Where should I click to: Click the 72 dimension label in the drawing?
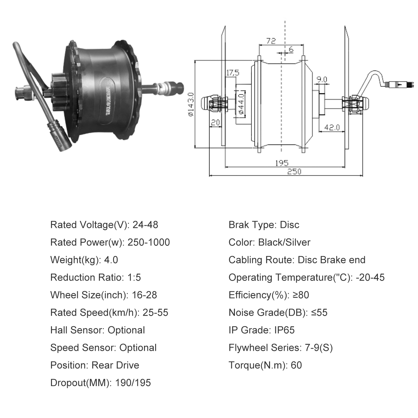click(271, 41)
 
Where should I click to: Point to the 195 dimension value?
click(282, 163)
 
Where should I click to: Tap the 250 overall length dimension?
click(294, 171)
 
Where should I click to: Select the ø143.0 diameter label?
click(191, 104)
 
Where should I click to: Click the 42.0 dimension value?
click(332, 127)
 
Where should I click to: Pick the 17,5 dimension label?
click(233, 73)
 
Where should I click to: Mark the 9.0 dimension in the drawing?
click(322, 79)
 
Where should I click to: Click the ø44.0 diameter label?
click(241, 104)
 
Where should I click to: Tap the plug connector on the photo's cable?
click(59, 136)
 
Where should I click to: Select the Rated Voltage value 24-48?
click(145, 225)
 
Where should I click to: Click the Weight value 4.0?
click(111, 260)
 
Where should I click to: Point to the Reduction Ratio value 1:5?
click(134, 278)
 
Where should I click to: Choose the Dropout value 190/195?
click(133, 383)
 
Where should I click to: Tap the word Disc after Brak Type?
click(290, 225)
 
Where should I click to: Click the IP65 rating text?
click(285, 330)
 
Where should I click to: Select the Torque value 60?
click(296, 365)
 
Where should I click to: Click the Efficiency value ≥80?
click(301, 295)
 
